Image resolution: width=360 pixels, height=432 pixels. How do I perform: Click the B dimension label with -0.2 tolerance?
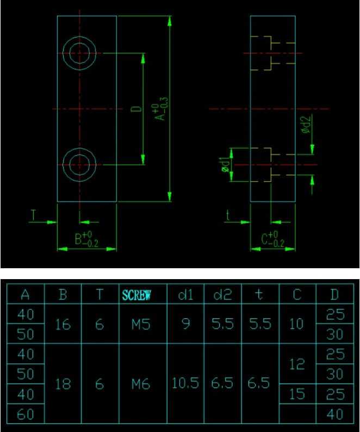[x=86, y=239]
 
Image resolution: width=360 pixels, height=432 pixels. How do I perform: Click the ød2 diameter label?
[x=305, y=126]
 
